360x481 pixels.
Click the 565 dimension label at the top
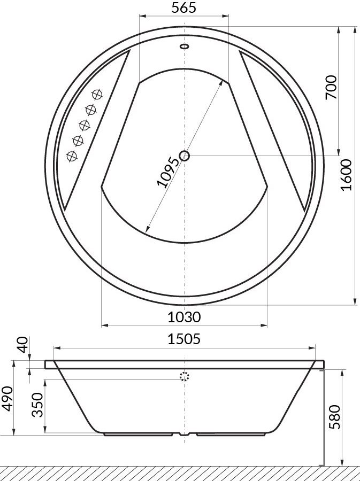(184, 8)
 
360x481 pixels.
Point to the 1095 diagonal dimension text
(167, 172)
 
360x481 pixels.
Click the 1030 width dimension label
(184, 317)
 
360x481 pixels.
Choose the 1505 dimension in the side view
(184, 339)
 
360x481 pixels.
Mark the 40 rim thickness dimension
(22, 345)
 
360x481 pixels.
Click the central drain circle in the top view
(185, 156)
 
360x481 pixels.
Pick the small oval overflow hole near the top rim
(185, 46)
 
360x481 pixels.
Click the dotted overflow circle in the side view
(185, 376)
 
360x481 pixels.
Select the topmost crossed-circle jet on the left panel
(97, 95)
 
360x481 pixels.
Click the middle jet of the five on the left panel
(84, 125)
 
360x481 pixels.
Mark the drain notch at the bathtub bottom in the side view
(185, 434)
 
